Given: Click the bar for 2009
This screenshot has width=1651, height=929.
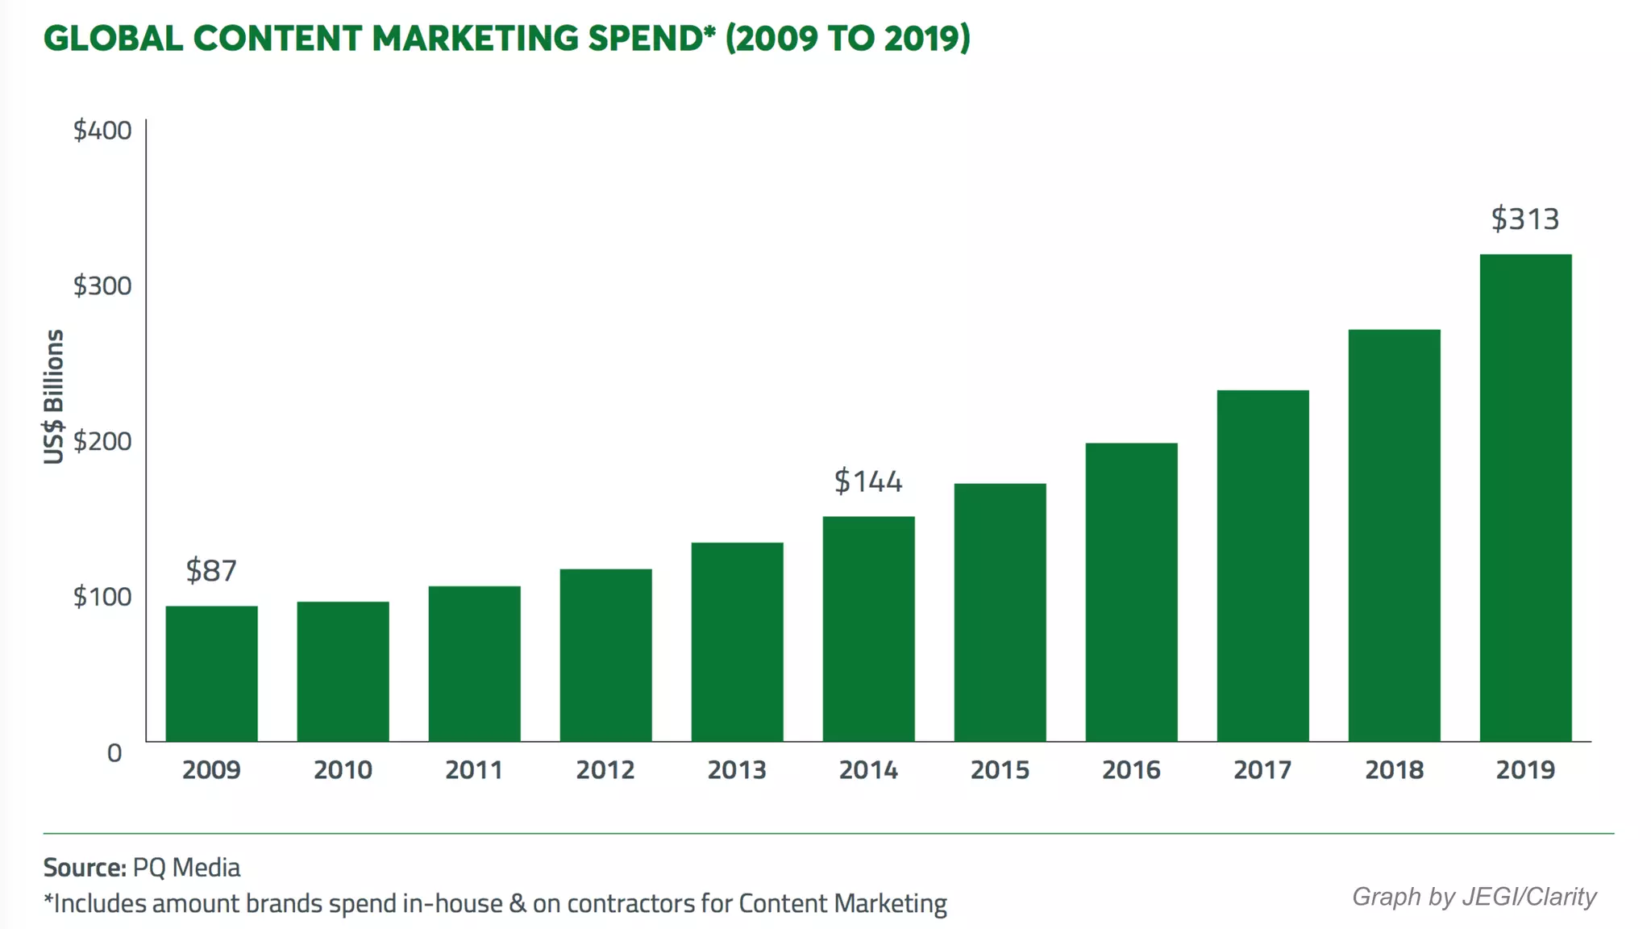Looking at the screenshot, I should click(211, 673).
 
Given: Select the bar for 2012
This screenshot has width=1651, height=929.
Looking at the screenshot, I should click(605, 655).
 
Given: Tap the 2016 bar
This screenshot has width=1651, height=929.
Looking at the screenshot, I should click(1131, 592).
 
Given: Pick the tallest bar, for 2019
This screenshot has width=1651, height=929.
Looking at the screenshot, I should click(1525, 498).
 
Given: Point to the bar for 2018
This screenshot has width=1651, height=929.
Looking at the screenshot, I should click(1394, 535).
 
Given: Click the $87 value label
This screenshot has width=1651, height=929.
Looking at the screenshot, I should click(211, 571).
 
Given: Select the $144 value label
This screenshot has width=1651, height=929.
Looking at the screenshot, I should click(868, 481).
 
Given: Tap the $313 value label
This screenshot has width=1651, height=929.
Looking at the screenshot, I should click(1525, 219).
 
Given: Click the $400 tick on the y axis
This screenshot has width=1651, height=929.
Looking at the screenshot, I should click(102, 131).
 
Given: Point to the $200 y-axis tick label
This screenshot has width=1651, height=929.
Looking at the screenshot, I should click(102, 441).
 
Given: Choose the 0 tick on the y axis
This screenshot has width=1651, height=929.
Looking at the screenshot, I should click(114, 753).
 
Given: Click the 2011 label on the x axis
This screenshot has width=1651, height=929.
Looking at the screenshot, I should click(474, 770).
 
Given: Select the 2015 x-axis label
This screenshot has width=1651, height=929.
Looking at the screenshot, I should click(1000, 770).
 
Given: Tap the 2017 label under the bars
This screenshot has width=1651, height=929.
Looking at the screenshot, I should click(1262, 770).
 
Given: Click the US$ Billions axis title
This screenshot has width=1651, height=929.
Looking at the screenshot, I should click(53, 397).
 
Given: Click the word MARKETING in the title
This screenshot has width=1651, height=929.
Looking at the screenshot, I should click(476, 39).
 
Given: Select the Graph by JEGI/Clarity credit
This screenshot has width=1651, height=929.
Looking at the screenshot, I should click(1474, 897).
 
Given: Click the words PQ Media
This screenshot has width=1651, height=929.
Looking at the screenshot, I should click(187, 868).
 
